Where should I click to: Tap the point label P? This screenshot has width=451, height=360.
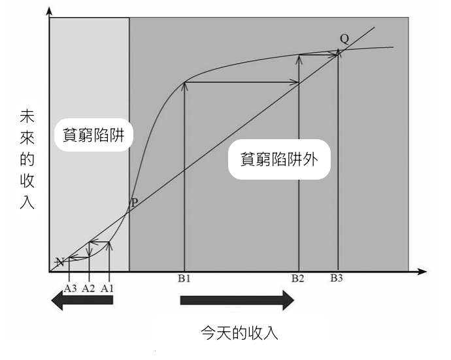point(134,203)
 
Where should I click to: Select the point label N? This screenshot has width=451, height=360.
point(59,262)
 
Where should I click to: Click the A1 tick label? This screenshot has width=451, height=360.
point(108,287)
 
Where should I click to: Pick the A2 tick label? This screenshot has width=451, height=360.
point(89,287)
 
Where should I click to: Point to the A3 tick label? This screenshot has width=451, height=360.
point(71,287)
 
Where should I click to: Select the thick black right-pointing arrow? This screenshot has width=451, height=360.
point(237,301)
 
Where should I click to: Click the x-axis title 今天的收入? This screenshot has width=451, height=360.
point(239,333)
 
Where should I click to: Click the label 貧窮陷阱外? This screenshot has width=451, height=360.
point(279,158)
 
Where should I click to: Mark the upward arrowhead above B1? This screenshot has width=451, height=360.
point(185,84)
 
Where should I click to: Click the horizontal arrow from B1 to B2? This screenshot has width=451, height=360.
point(242,82)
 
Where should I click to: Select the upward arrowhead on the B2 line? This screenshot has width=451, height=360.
point(299,59)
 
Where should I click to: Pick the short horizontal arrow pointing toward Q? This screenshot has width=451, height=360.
point(319,55)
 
